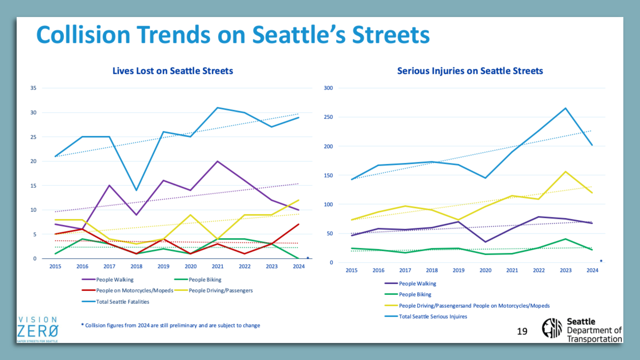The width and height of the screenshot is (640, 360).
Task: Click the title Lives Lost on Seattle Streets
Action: click(x=173, y=71)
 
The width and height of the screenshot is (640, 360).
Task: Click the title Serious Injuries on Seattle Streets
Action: click(x=470, y=71)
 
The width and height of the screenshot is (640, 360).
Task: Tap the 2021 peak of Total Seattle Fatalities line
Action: click(x=217, y=108)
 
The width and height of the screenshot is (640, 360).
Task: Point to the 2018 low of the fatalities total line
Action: click(x=136, y=190)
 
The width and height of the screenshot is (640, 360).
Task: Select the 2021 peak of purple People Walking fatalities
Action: click(x=217, y=161)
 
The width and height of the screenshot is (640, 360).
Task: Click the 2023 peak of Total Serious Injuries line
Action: click(x=565, y=108)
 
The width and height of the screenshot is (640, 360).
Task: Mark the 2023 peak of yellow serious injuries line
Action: click(x=565, y=172)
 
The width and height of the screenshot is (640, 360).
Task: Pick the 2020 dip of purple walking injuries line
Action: click(x=485, y=242)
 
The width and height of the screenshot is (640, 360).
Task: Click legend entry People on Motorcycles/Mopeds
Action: click(x=134, y=290)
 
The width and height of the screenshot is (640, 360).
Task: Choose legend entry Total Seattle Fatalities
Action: click(x=122, y=302)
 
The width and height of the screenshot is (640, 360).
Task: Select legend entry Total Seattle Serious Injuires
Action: click(x=433, y=316)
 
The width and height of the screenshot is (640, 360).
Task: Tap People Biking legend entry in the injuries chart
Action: click(x=415, y=294)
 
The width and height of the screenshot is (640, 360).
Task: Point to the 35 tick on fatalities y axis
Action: click(x=33, y=88)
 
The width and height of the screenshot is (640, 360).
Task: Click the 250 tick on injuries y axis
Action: click(x=328, y=117)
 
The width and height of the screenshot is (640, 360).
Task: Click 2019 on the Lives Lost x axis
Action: click(x=163, y=266)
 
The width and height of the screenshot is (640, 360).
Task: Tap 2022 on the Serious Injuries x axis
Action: click(x=539, y=270)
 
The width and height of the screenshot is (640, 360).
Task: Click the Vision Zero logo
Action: click(x=38, y=329)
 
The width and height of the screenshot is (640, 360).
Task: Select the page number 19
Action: click(x=522, y=331)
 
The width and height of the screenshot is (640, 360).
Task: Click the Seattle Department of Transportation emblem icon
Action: click(x=552, y=328)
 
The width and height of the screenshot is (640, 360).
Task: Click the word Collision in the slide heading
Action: click(x=83, y=35)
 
